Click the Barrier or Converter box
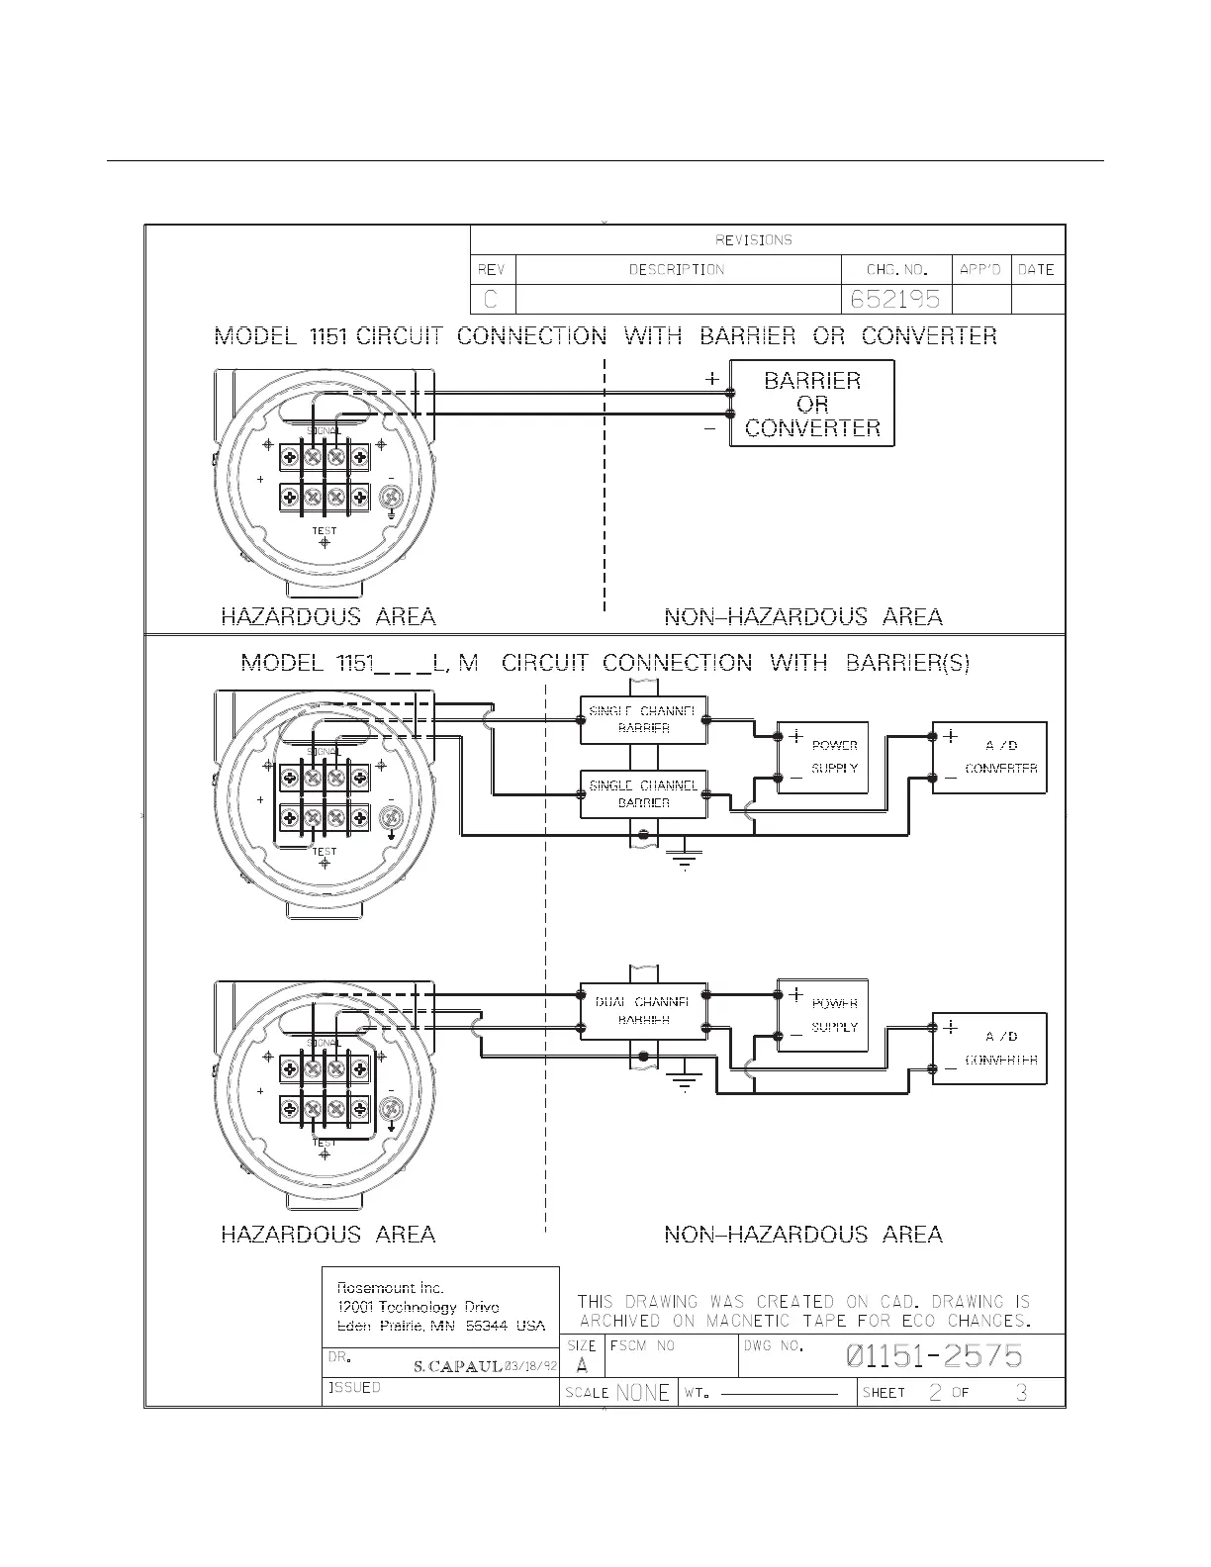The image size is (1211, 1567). (x=811, y=404)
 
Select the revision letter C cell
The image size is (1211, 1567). (x=492, y=299)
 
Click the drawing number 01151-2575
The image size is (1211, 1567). (x=934, y=1356)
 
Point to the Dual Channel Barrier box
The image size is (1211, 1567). (x=643, y=1011)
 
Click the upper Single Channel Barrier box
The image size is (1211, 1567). (x=643, y=719)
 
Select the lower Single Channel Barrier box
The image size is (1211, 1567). (x=643, y=793)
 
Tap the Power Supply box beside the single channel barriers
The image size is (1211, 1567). (x=823, y=757)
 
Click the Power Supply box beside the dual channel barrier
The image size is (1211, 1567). (x=823, y=1015)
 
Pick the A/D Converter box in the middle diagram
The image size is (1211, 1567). (x=989, y=757)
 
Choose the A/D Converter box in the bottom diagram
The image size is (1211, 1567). (x=989, y=1049)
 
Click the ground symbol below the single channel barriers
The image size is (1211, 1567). (x=684, y=860)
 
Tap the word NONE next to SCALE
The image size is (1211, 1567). (x=642, y=1393)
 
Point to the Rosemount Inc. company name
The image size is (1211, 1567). (x=391, y=1288)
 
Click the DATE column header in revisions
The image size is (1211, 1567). (x=1036, y=269)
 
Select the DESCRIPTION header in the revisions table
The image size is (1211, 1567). (x=678, y=269)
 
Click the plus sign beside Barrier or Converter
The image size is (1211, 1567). (x=711, y=379)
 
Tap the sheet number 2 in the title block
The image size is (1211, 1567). (x=935, y=1393)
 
